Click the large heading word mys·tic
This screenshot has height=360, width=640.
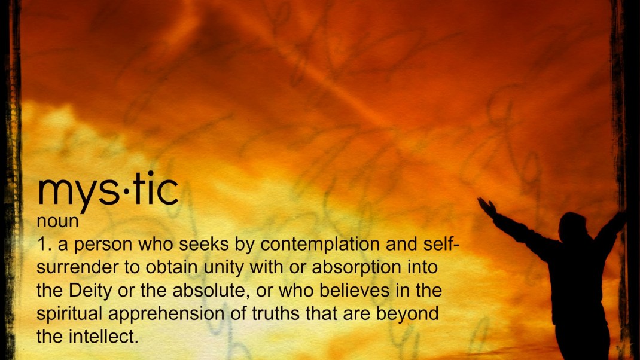pos(108,190)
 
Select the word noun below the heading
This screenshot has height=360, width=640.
pos(57,221)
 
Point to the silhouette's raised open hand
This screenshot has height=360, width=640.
pos(486,206)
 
